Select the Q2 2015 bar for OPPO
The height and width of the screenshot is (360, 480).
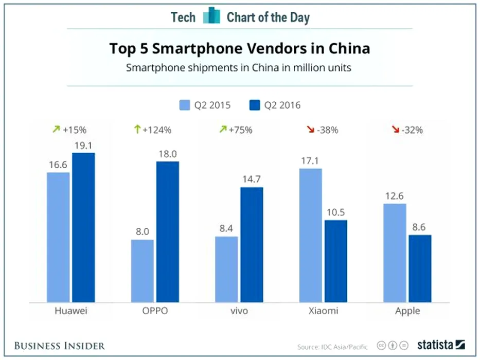[143, 271]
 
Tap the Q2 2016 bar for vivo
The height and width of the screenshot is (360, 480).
[252, 244]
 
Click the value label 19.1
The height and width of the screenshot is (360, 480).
[83, 146]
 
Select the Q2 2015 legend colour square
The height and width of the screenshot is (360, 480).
[185, 105]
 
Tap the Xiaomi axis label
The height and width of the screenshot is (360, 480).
[323, 311]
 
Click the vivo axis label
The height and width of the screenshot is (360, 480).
[239, 311]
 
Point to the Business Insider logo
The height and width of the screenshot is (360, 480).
[59, 345]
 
